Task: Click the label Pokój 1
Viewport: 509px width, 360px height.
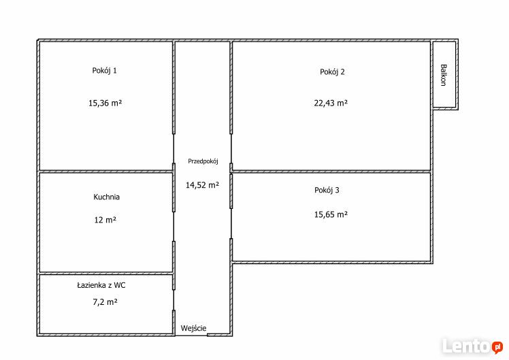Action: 105,71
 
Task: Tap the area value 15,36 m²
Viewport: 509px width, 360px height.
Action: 105,103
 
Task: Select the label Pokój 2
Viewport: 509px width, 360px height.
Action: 332,72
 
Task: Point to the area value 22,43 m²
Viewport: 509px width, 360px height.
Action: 331,103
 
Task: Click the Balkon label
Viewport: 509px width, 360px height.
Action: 444,75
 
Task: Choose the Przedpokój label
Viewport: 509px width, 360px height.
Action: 203,161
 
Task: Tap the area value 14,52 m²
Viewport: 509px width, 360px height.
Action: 202,185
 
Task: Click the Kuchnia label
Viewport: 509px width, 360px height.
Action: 106,197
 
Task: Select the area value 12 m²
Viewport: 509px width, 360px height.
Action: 105,220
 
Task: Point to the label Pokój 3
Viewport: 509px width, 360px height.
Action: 327,191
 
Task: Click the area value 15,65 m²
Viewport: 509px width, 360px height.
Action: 331,214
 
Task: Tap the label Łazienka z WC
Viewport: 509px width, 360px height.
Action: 101,285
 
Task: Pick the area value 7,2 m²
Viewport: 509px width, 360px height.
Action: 105,302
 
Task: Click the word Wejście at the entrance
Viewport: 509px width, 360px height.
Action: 193,328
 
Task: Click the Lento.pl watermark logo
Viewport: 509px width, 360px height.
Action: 473,346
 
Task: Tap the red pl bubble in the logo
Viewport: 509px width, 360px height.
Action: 497,347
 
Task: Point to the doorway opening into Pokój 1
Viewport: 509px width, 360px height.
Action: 174,148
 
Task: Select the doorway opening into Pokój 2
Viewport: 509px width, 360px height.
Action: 231,148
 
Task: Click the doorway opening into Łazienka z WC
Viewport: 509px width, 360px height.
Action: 174,300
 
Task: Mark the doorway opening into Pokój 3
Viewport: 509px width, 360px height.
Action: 231,223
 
